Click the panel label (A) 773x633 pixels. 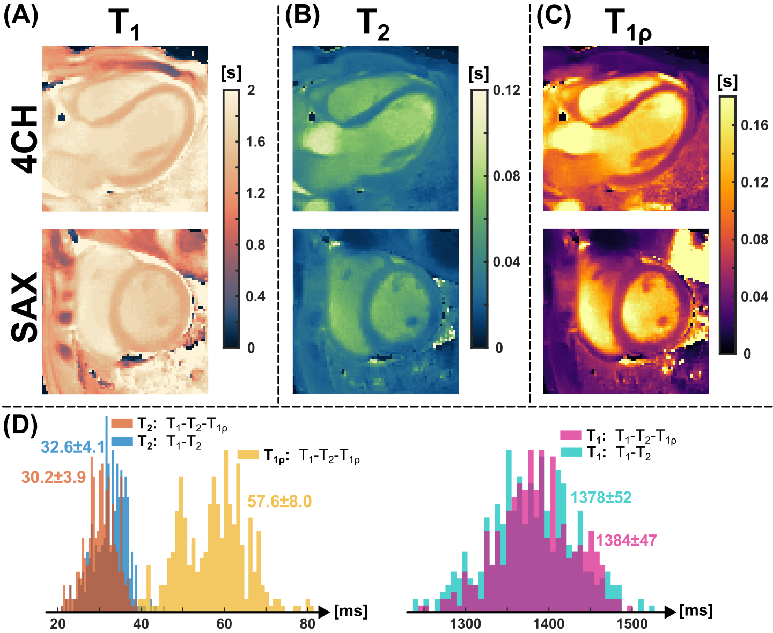[21, 17]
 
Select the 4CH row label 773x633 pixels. [25, 139]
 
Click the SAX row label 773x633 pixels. [25, 308]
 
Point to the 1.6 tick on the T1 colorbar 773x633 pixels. [255, 142]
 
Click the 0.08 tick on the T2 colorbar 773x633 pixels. [506, 176]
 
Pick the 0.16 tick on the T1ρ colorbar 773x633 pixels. [754, 125]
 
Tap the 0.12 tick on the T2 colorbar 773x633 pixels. [506, 90]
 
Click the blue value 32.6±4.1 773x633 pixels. [72, 446]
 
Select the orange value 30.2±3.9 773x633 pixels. [54, 477]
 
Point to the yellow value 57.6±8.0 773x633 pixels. [279, 502]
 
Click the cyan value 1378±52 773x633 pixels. [601, 498]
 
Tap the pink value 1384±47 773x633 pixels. [626, 540]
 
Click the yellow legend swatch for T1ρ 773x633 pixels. [248, 455]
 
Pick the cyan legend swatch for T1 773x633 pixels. [571, 453]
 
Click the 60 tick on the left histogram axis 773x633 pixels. [224, 624]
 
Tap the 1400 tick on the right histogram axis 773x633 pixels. [548, 624]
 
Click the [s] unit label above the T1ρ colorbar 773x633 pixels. [727, 81]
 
